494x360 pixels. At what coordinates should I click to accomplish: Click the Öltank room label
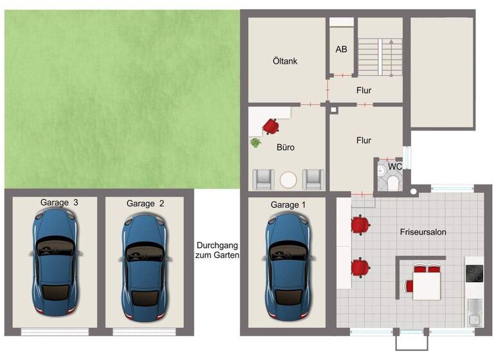click(x=284, y=62)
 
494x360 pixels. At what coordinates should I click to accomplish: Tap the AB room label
click(x=342, y=49)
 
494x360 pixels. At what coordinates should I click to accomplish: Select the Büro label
click(x=285, y=148)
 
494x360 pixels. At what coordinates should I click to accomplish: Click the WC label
click(x=396, y=166)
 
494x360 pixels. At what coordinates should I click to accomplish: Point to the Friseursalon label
click(x=423, y=231)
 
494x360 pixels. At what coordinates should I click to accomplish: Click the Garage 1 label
click(x=288, y=204)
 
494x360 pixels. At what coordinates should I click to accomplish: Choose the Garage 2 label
click(x=145, y=203)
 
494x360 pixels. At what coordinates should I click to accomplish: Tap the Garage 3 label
click(x=59, y=203)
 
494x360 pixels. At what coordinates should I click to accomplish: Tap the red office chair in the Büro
click(x=270, y=125)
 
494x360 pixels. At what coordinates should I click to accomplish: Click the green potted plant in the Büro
click(x=255, y=142)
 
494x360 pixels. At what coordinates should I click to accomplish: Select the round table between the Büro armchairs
click(x=288, y=179)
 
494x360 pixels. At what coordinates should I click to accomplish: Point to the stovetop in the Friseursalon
click(x=474, y=275)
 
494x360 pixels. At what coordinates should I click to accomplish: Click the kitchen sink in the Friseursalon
click(x=473, y=311)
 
